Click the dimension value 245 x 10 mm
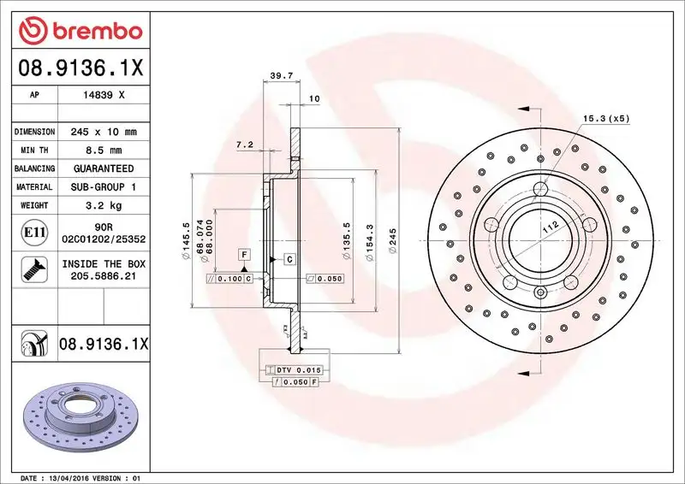coord(104,132)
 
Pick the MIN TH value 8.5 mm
coord(104,151)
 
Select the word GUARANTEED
coord(104,168)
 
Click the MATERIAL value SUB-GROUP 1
coord(104,186)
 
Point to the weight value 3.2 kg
coord(104,205)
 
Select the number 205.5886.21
coord(104,277)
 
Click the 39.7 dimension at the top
coord(282,76)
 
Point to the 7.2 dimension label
coord(245,145)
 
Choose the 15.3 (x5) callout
coord(606,118)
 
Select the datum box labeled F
coord(244,255)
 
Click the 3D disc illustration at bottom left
coord(78,421)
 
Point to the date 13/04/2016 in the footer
coord(81,477)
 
